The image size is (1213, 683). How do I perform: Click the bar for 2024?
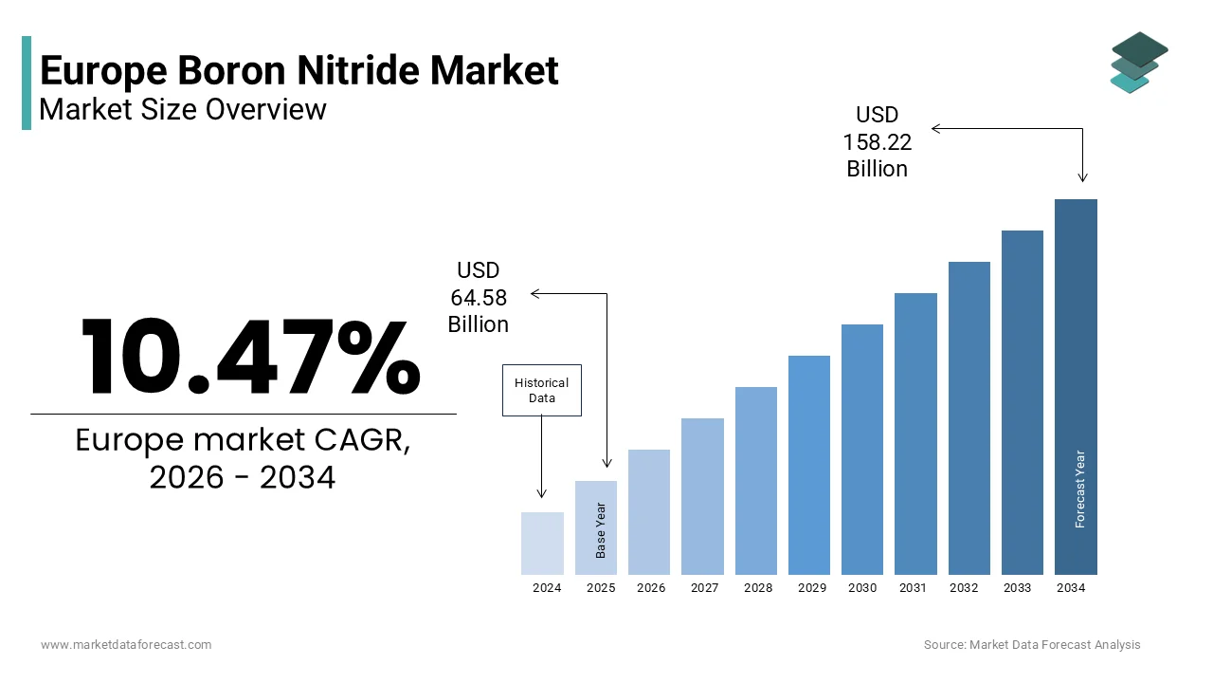tap(542, 544)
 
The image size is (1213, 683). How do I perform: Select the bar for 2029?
tap(808, 465)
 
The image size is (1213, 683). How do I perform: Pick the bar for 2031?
tap(915, 434)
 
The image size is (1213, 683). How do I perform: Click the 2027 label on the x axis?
tap(704, 588)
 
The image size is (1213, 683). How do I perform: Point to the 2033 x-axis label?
tap(1017, 588)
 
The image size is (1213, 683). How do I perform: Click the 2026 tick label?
tap(651, 588)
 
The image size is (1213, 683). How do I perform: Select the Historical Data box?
tap(541, 390)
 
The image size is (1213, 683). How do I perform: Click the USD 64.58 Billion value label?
tap(479, 298)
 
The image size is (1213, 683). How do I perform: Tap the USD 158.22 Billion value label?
tap(877, 142)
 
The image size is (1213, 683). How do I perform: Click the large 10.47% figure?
tap(249, 357)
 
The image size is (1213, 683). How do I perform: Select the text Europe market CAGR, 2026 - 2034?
tap(243, 459)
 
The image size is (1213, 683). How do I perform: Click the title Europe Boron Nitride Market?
tap(299, 70)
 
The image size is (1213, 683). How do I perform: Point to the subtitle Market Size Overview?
tap(183, 109)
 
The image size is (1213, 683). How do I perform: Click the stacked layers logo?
tap(1138, 63)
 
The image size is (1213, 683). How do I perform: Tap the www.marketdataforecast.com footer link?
tap(126, 644)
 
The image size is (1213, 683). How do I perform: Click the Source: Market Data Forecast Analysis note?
tap(1032, 644)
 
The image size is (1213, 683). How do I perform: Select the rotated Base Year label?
tap(601, 529)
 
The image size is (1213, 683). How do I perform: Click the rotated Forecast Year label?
tap(1080, 489)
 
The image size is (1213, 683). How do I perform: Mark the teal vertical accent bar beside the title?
tap(27, 83)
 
